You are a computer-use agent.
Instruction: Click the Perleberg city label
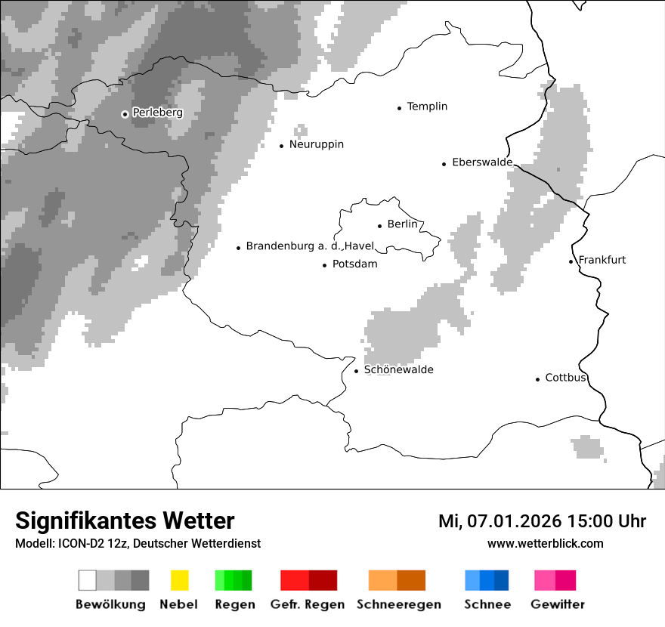(x=157, y=113)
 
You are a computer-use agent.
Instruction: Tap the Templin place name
(x=427, y=107)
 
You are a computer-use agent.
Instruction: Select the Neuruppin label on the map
(x=316, y=144)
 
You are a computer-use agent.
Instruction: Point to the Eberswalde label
(x=481, y=162)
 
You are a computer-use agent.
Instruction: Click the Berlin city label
(x=402, y=224)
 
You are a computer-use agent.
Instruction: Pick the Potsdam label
(x=354, y=264)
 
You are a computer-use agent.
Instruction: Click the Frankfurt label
(x=602, y=260)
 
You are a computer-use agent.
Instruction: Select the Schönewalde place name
(x=398, y=370)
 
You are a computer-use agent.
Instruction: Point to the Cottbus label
(x=565, y=378)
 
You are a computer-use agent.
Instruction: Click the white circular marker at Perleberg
(x=125, y=114)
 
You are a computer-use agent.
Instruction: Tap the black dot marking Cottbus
(x=537, y=379)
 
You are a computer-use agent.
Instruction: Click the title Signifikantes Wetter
(x=125, y=520)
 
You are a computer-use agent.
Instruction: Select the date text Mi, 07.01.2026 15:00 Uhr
(x=542, y=521)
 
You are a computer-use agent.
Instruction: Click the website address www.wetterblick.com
(x=545, y=543)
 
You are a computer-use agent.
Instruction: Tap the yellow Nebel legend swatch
(x=179, y=580)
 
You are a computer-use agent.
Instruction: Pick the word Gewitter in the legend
(x=557, y=604)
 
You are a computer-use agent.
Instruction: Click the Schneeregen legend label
(x=398, y=604)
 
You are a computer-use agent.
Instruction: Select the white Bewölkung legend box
(x=88, y=580)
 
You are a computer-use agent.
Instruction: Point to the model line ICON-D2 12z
(x=138, y=543)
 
